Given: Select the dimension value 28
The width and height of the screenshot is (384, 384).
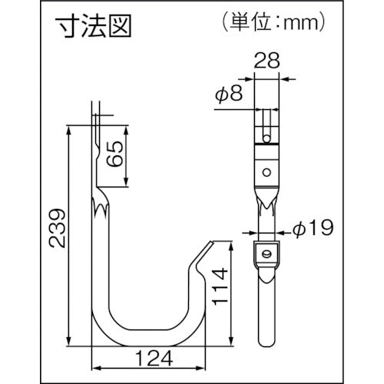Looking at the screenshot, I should coord(266,61).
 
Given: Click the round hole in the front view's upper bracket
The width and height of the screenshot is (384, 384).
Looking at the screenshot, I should coord(266,170).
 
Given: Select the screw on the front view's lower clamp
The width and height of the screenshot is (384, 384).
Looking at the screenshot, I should coord(266,252).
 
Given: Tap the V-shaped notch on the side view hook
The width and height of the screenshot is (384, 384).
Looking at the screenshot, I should coord(100,206).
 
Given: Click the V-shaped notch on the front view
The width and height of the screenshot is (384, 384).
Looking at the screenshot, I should coord(266,203).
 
